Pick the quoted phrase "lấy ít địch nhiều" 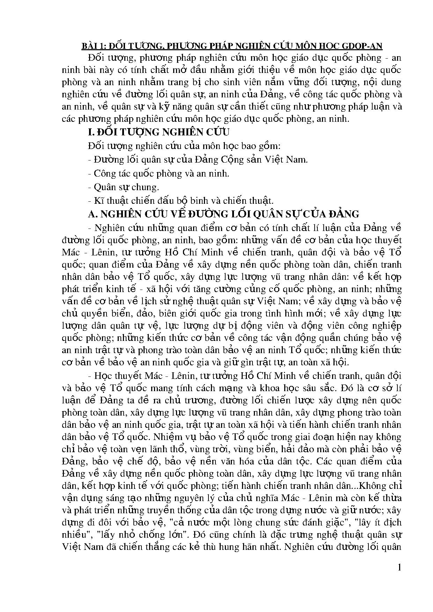(378, 522)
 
